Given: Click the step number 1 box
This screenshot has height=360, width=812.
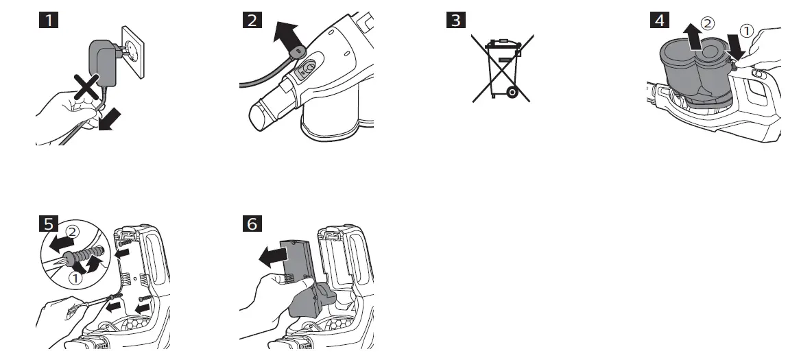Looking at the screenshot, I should (47, 19).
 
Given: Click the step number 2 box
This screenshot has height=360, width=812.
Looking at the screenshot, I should (252, 19).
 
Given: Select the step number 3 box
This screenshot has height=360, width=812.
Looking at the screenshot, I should (454, 19).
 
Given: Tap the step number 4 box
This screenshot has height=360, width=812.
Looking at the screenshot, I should (659, 19).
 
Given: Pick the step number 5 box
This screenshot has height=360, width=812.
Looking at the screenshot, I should (47, 224).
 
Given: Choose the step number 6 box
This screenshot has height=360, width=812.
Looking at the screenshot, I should (252, 224).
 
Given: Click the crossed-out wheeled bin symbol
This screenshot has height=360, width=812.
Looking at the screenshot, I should (502, 69).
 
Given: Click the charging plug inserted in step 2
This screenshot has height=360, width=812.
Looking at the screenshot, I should (296, 51).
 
